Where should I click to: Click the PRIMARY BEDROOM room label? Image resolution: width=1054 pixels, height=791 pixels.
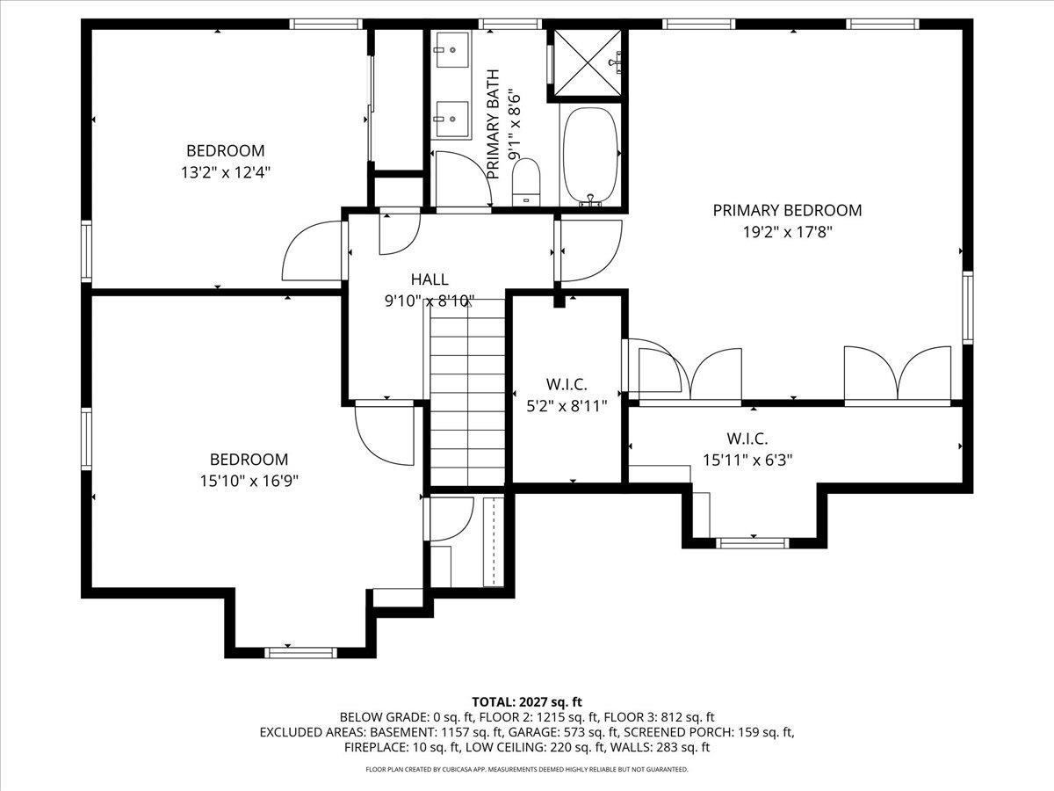tap(787, 210)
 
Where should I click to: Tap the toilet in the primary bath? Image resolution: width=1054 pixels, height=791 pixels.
tap(526, 180)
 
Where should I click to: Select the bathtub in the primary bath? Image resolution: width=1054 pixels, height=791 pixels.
tap(590, 155)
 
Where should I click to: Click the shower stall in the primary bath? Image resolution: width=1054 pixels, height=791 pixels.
tap(587, 61)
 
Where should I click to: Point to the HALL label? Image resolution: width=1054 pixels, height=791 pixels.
tap(430, 279)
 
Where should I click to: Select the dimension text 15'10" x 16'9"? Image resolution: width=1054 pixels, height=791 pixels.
tap(249, 482)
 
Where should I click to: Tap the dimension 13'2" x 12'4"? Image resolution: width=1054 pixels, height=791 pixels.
tap(225, 173)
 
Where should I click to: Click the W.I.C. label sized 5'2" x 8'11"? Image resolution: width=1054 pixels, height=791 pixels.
tap(567, 385)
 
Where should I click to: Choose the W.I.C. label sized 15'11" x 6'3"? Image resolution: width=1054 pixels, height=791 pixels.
tap(747, 438)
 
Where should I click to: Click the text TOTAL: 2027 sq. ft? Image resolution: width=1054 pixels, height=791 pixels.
tap(527, 701)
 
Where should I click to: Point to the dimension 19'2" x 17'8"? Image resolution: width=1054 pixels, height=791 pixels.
tap(787, 233)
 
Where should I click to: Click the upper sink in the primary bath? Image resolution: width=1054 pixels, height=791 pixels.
tap(454, 51)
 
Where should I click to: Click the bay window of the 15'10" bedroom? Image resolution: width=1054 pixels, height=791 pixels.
tap(300, 651)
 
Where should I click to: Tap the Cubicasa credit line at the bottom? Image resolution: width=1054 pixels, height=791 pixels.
tap(527, 769)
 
